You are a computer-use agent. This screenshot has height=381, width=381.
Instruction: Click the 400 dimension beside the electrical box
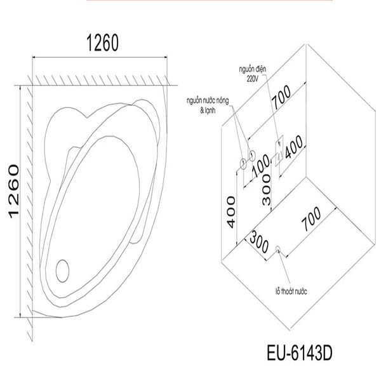pos(292,149)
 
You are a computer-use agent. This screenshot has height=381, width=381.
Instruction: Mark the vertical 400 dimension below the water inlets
pos(231,212)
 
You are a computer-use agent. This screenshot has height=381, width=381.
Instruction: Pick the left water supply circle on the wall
pos(242,164)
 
